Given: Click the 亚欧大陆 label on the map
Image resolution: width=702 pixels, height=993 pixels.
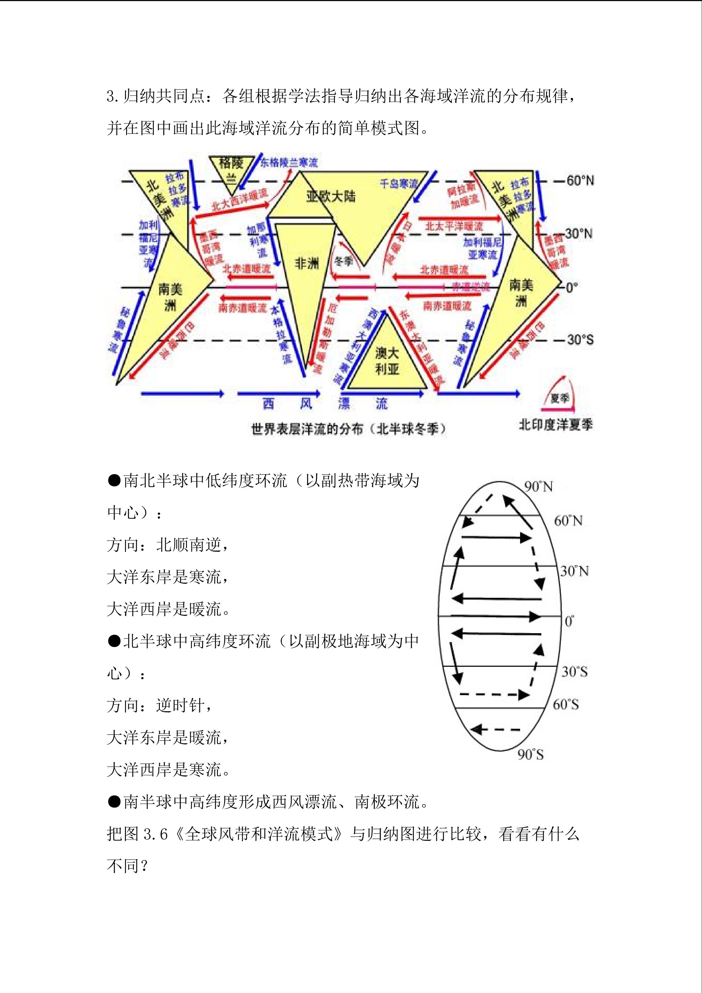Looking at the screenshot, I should point(331,196).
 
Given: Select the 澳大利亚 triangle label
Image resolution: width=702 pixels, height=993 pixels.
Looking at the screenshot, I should point(387,361).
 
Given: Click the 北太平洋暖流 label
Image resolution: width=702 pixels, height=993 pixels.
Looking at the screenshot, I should point(453,226).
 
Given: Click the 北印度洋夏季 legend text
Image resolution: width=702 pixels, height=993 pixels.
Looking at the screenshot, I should point(555,425).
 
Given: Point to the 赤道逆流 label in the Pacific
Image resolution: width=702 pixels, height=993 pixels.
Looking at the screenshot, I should point(471,286).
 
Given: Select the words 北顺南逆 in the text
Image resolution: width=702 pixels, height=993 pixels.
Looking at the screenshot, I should point(188,545).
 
